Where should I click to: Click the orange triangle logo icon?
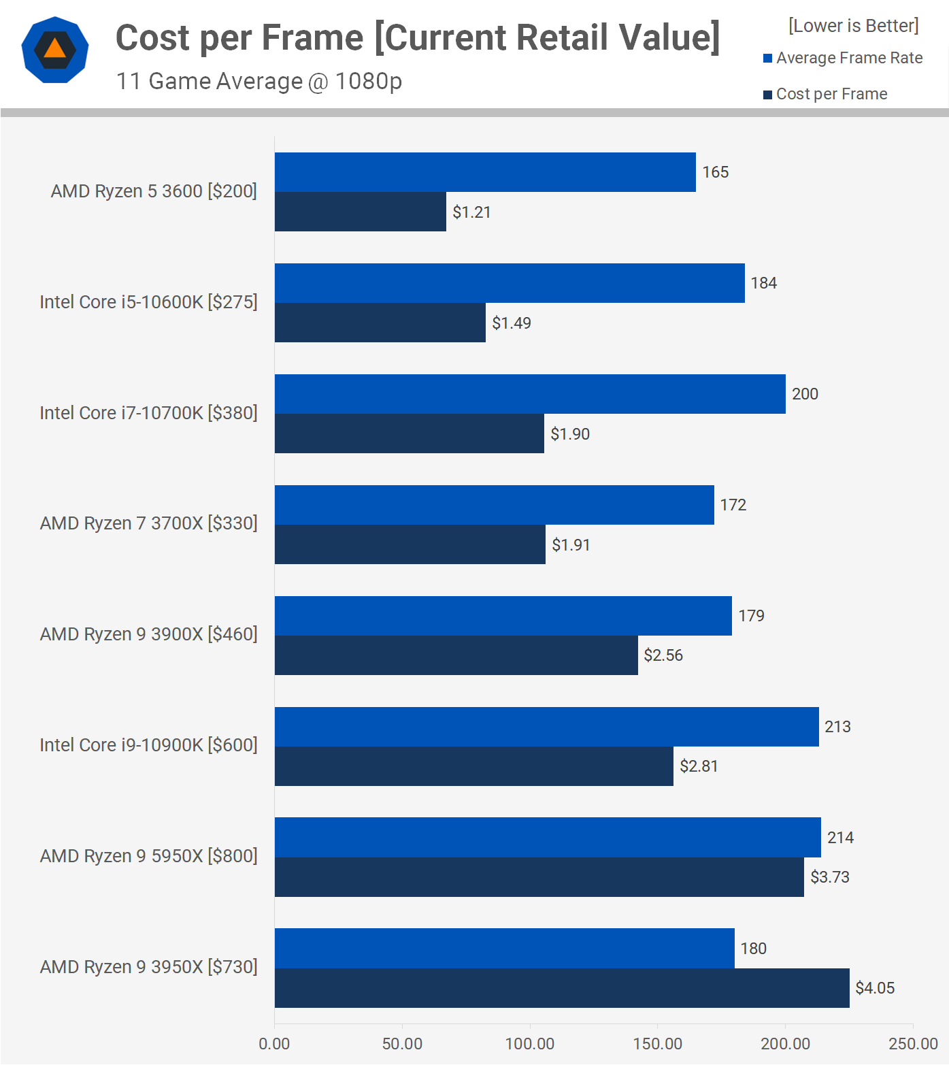(x=55, y=50)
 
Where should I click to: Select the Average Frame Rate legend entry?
(x=843, y=58)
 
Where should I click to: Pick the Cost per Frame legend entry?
(x=825, y=94)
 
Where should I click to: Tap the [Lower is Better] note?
(x=853, y=26)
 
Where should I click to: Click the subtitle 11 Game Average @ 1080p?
(x=259, y=81)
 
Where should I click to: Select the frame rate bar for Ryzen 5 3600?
(x=485, y=172)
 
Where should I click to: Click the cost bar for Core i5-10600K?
(x=380, y=323)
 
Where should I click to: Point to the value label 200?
(x=805, y=394)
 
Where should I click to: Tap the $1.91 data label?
(x=571, y=544)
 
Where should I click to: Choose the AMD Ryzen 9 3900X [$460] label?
(x=149, y=634)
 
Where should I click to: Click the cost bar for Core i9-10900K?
(x=474, y=766)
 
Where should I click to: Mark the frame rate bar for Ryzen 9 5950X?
(x=548, y=838)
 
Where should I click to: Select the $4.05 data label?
(x=875, y=988)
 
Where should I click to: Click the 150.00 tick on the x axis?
(x=657, y=1044)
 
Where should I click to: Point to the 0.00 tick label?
(x=274, y=1044)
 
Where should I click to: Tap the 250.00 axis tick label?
(x=913, y=1044)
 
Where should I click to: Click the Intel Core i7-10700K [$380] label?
(x=149, y=413)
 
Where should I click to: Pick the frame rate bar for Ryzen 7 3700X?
(x=495, y=505)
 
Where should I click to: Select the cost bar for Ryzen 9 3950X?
(x=562, y=988)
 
